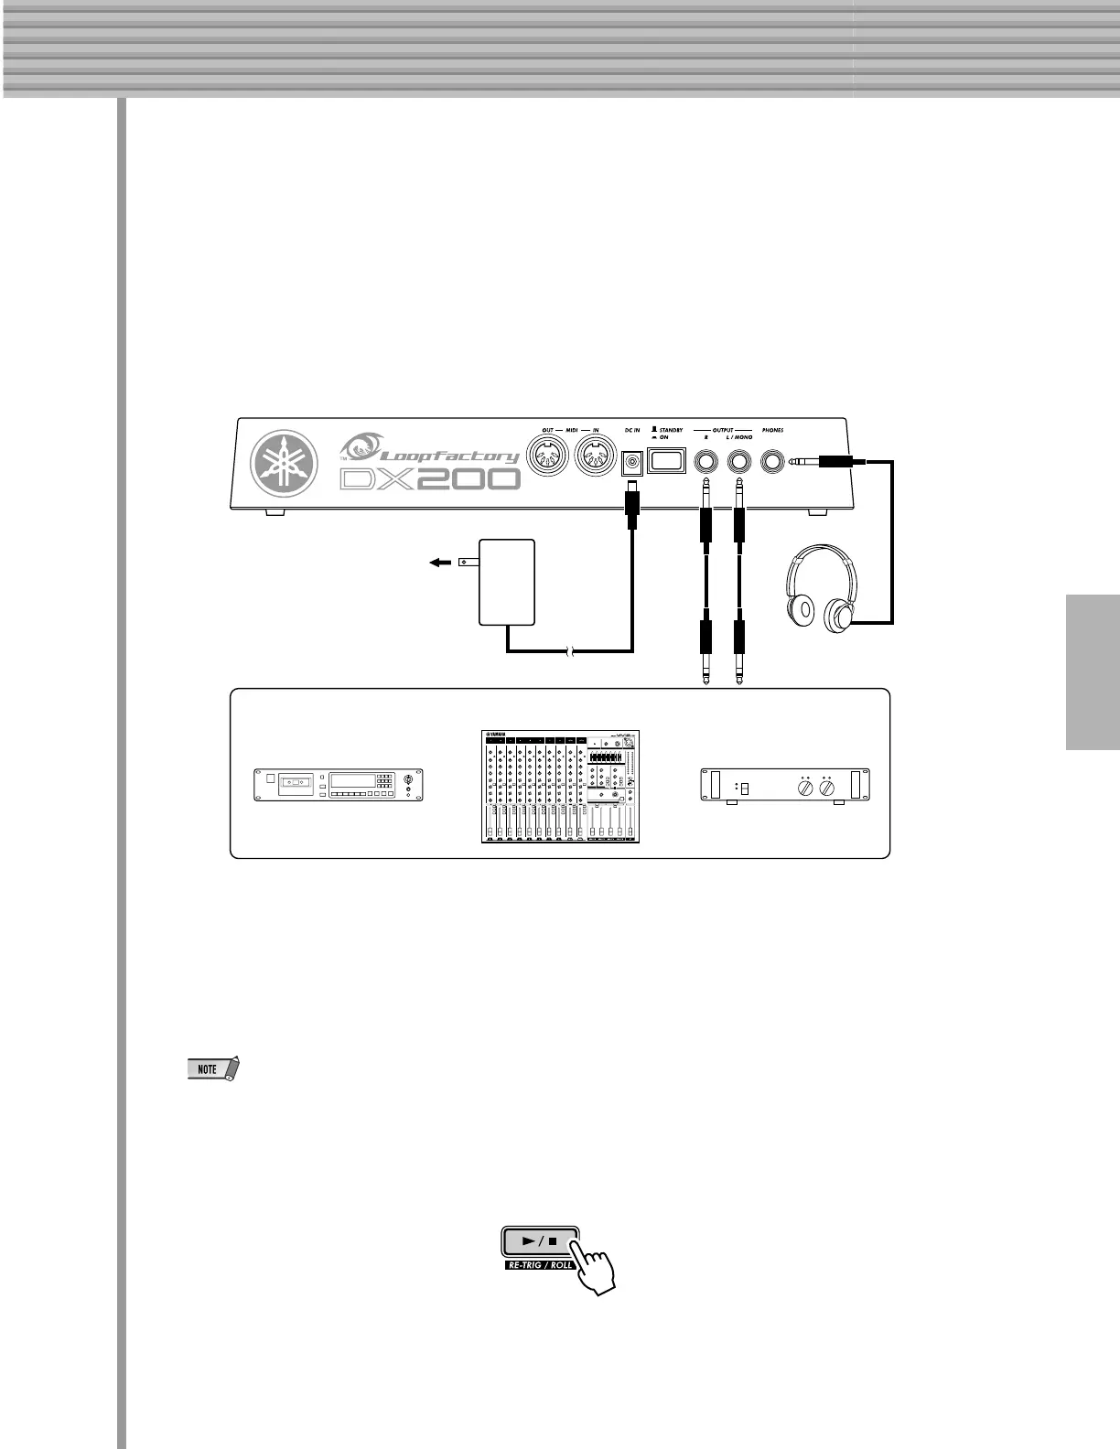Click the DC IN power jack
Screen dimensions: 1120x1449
point(631,464)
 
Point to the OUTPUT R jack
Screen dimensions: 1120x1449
point(705,462)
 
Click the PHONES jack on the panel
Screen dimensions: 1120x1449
point(774,462)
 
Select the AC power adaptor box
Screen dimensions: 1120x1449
point(507,582)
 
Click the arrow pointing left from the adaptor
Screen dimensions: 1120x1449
point(440,563)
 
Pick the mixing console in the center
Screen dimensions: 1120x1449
point(560,787)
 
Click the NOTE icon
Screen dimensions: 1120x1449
point(211,1068)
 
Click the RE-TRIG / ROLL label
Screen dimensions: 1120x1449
point(539,1265)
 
